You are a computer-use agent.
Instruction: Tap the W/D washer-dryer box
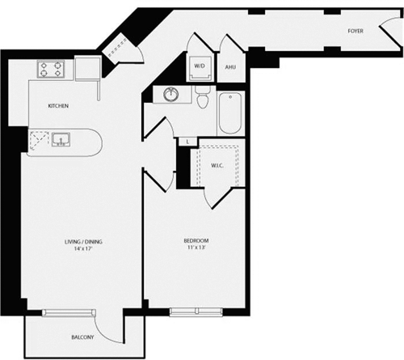(200, 67)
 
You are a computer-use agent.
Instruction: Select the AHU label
(230, 68)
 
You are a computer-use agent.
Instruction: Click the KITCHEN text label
(57, 106)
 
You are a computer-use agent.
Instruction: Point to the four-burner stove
(54, 70)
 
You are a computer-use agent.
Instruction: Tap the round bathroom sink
(171, 95)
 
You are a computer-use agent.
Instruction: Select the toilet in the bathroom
(204, 100)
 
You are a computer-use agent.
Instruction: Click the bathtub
(229, 113)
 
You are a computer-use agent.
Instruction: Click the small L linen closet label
(187, 142)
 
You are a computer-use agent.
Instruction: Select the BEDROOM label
(196, 241)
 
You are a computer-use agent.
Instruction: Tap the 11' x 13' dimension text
(196, 249)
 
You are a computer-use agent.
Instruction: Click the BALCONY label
(78, 337)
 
